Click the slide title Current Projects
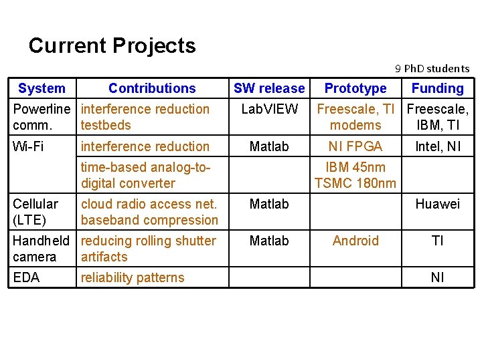[112, 45]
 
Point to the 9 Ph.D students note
[432, 68]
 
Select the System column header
[42, 88]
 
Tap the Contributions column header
[152, 88]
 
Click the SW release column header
[269, 88]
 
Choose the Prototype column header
[355, 88]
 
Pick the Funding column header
[437, 88]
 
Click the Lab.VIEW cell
[269, 109]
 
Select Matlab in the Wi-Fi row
[269, 146]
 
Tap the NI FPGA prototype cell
[355, 146]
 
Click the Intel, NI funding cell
[437, 146]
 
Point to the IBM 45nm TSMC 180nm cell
[355, 175]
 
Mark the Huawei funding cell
[437, 204]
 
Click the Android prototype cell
[355, 241]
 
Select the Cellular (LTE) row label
[35, 212]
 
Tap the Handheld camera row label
[40, 249]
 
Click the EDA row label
[26, 277]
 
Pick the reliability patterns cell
[133, 277]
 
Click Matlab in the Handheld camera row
[269, 241]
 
